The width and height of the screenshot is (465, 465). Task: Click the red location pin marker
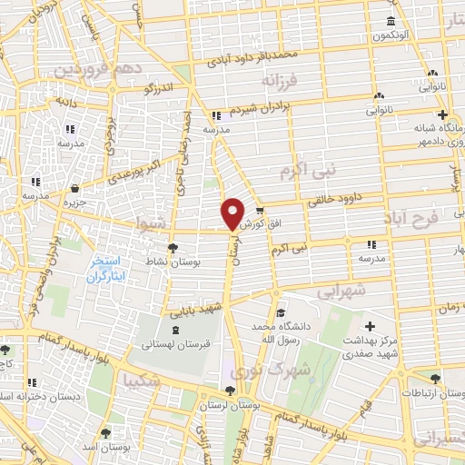coord(233,213)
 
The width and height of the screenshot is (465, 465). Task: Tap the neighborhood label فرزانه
coord(280,82)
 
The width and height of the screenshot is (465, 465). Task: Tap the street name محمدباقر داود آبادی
coord(252,59)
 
